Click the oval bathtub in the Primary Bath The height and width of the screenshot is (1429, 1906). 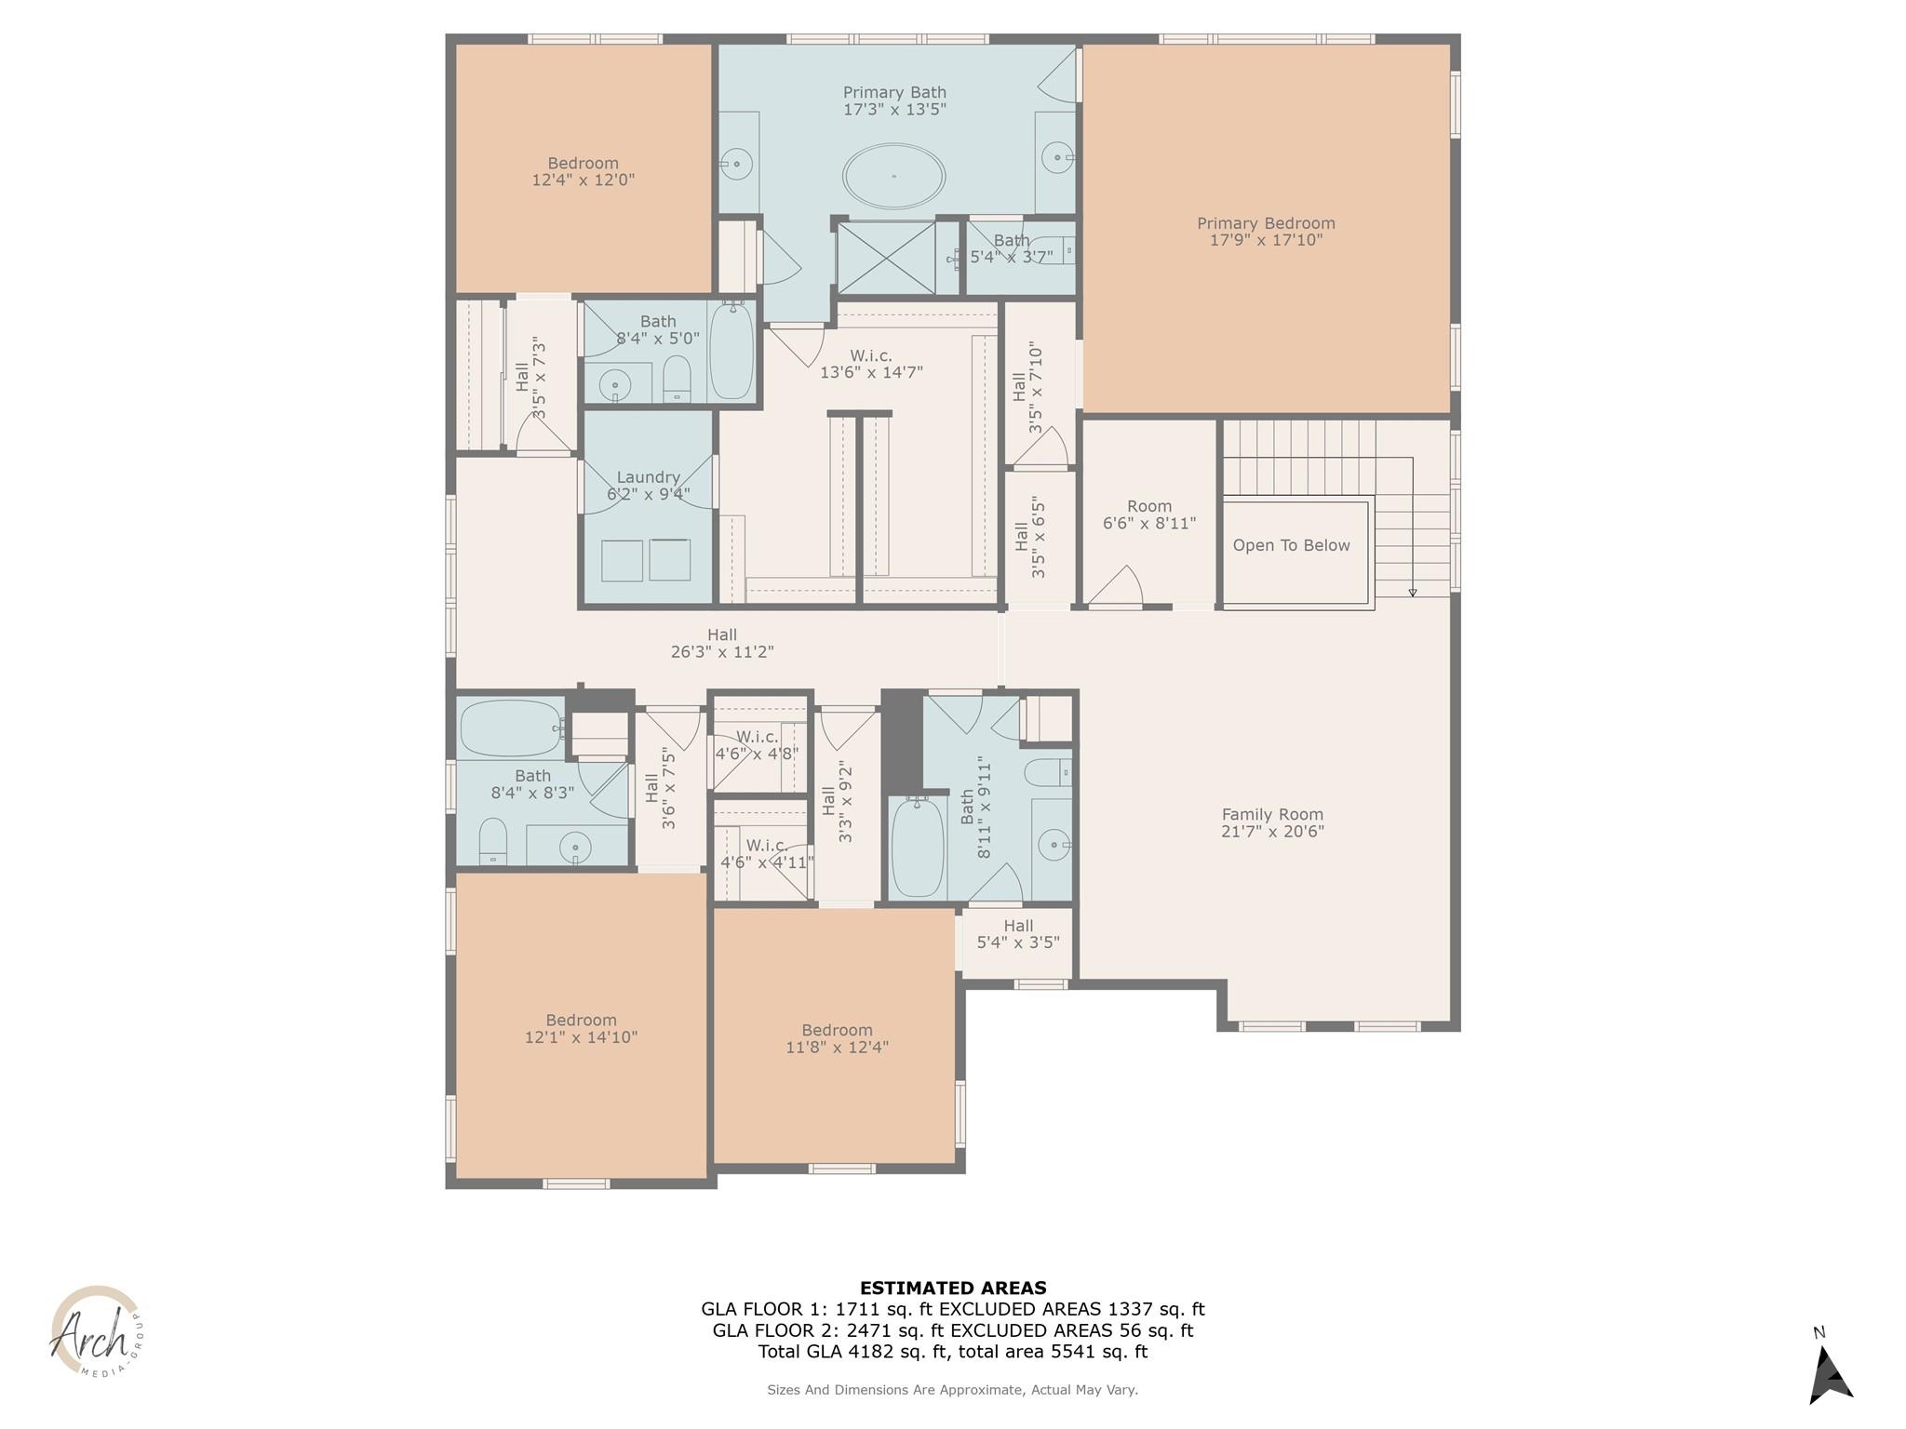point(893,175)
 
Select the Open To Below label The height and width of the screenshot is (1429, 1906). point(1291,545)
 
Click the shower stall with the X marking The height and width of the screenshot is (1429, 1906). point(885,257)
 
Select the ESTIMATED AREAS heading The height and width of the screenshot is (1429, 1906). point(952,1289)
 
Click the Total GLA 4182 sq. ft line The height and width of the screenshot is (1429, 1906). point(952,1352)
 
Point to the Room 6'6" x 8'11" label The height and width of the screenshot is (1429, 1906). point(1149,514)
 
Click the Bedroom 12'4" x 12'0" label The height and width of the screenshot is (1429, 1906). point(583,171)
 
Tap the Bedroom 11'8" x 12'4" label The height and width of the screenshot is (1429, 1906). point(837,1038)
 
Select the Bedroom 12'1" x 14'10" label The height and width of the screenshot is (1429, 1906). point(581,1028)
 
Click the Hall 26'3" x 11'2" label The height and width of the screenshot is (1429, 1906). point(721,644)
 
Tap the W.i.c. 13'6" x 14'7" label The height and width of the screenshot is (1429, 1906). point(870,364)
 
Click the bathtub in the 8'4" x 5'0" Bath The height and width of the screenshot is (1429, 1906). point(731,352)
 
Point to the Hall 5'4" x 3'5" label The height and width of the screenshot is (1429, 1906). point(1018,933)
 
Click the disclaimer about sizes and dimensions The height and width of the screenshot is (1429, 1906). point(952,1390)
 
